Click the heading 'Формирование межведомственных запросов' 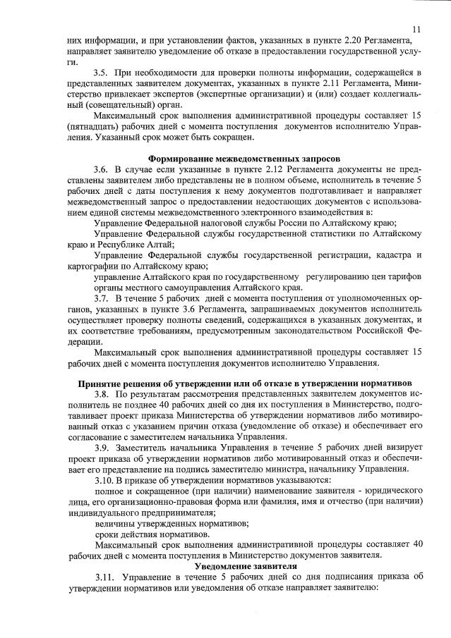tap(243, 159)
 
